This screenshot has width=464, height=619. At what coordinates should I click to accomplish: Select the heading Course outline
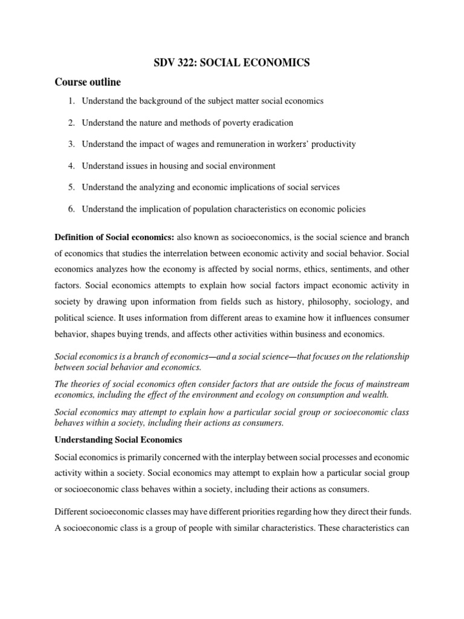89,82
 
